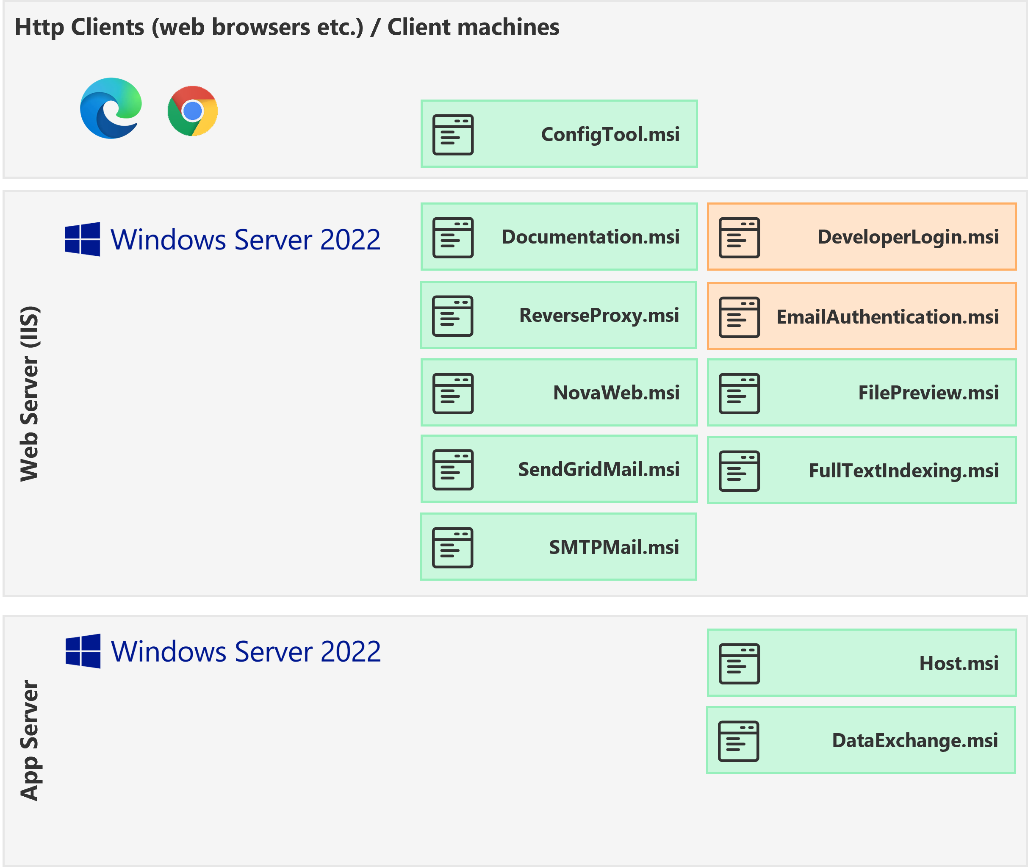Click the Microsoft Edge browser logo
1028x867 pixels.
click(x=111, y=108)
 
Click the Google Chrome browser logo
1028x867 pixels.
click(x=193, y=111)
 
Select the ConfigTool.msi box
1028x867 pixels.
click(x=559, y=134)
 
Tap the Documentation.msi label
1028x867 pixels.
click(x=590, y=237)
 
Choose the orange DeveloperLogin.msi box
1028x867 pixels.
click(x=861, y=237)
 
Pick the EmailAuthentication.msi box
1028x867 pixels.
click(x=861, y=316)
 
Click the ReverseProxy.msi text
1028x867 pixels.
click(x=599, y=315)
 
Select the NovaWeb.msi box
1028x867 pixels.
click(x=559, y=392)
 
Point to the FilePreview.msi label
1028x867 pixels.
click(x=928, y=393)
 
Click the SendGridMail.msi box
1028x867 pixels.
click(x=559, y=469)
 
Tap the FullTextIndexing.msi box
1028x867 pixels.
click(x=861, y=471)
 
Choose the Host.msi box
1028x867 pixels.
click(x=861, y=662)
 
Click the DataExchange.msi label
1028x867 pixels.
click(x=914, y=740)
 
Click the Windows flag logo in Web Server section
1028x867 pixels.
click(x=83, y=239)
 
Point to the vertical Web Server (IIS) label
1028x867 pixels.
click(x=30, y=393)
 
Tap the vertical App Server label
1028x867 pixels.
click(x=30, y=740)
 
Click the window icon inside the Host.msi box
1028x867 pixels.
click(x=739, y=664)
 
